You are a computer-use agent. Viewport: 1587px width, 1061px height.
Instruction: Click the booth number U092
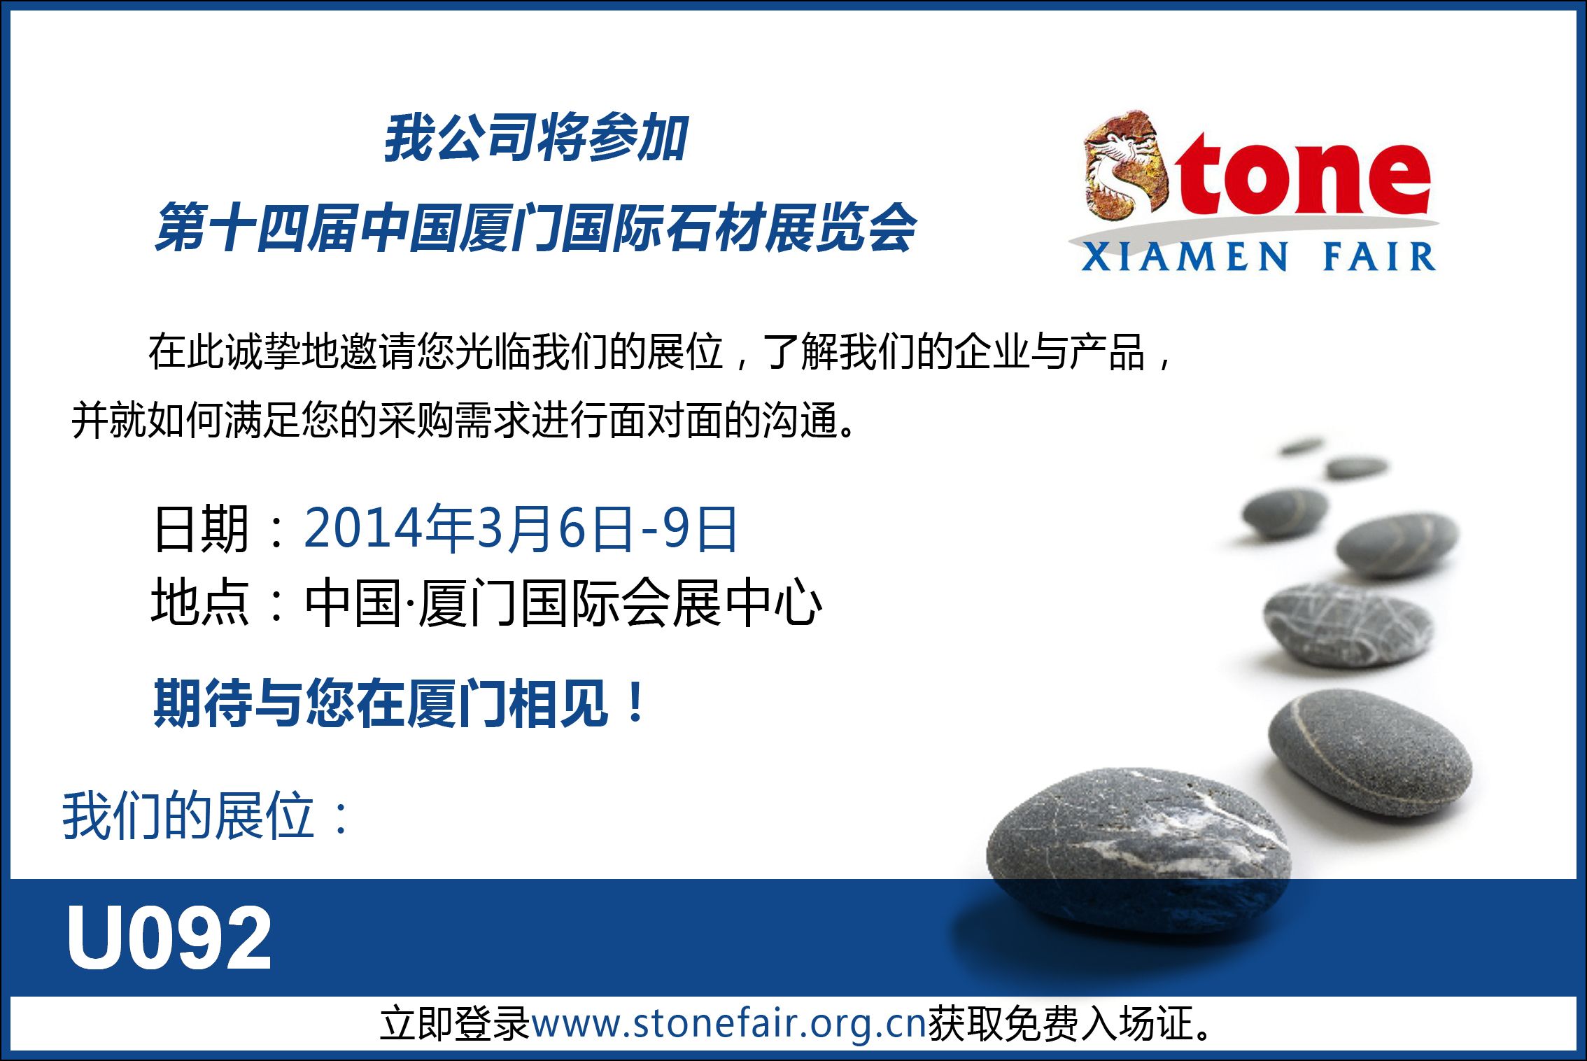click(x=169, y=937)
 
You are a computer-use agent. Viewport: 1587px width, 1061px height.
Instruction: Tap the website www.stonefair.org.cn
click(x=729, y=1023)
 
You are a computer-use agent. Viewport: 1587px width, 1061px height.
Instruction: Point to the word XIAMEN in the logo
click(x=1184, y=256)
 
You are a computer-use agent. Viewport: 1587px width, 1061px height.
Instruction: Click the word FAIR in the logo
click(x=1379, y=256)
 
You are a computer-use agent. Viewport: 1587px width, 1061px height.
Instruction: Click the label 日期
click(x=202, y=528)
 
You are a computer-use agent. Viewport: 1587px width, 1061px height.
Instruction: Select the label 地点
click(x=201, y=602)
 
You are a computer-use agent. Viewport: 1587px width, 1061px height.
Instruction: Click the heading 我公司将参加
click(x=536, y=138)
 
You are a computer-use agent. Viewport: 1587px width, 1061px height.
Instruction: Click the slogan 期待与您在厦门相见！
click(x=400, y=703)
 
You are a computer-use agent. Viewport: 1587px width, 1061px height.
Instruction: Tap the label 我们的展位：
click(x=207, y=815)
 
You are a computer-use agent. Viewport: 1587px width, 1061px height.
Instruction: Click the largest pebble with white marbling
click(x=1139, y=849)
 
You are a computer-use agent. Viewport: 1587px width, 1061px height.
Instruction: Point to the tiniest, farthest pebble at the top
click(x=1300, y=445)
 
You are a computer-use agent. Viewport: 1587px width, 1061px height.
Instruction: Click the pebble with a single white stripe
click(x=1370, y=752)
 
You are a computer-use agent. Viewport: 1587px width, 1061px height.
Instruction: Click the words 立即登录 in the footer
click(x=455, y=1023)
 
